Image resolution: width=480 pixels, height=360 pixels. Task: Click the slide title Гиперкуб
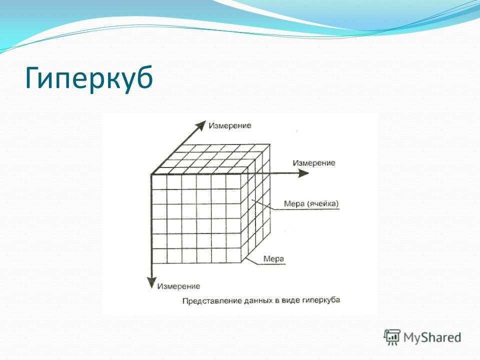[x=89, y=78]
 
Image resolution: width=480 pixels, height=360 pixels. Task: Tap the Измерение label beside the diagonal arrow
[x=229, y=125]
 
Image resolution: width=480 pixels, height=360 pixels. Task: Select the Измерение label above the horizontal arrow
[x=314, y=163]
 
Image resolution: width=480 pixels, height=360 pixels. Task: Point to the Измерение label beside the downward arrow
[x=178, y=286]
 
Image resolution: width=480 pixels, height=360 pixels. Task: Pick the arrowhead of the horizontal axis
[x=303, y=173]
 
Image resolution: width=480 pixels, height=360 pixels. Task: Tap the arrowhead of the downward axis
[x=151, y=282]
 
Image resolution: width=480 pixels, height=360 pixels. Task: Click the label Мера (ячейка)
[x=311, y=203]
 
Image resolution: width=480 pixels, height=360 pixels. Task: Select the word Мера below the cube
[x=273, y=259]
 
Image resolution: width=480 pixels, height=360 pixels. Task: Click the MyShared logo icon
[x=392, y=337]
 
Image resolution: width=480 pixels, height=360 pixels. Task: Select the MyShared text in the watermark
[x=432, y=337]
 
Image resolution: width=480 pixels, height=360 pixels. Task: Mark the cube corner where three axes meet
[x=151, y=175]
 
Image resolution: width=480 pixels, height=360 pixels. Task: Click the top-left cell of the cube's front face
[x=159, y=182]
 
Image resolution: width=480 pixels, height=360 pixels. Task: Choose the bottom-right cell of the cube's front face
[x=233, y=255]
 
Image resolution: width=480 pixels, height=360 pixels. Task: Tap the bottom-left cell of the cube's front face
[x=159, y=255]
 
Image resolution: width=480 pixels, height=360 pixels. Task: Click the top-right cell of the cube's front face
[x=233, y=182]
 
